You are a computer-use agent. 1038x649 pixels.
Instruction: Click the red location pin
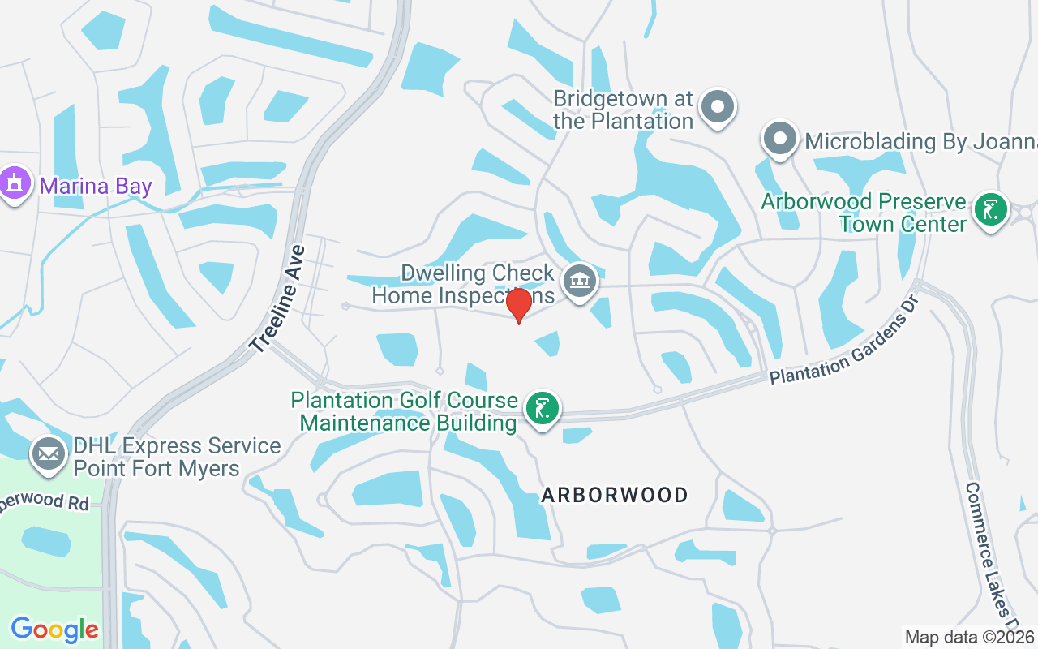coord(519,305)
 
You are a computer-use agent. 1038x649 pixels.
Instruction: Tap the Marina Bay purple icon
coord(14,183)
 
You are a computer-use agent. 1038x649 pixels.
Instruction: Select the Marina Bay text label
coord(96,187)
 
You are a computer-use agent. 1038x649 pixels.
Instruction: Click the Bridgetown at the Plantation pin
coord(717,107)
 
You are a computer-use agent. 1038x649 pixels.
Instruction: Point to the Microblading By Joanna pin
coord(780,138)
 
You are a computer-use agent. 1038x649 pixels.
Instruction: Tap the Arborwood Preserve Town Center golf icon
coord(990,209)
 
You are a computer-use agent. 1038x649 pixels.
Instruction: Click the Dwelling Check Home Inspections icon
coord(579,282)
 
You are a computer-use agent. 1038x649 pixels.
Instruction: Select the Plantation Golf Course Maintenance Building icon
coord(542,407)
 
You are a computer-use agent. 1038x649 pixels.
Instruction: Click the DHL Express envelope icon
coord(48,454)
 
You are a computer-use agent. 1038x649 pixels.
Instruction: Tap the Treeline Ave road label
coord(277,299)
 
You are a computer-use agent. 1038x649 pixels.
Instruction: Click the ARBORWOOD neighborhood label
coord(615,495)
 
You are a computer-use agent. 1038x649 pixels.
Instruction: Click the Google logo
coord(54,629)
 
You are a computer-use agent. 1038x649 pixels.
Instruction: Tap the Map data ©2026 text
coord(969,637)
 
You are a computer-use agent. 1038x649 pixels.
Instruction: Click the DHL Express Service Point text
coord(177,458)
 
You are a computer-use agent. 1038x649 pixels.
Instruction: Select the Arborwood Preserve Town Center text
coord(864,213)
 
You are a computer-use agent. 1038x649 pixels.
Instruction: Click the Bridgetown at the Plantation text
coord(623,110)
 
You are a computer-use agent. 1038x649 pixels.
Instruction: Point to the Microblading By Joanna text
coord(920,142)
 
